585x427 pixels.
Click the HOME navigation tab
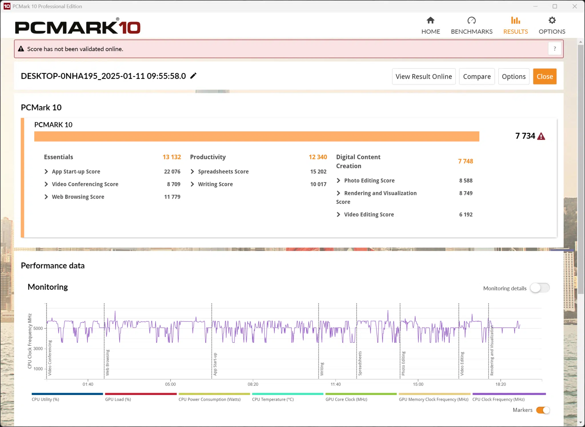point(430,25)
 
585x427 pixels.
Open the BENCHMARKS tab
point(472,25)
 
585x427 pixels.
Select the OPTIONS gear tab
point(552,25)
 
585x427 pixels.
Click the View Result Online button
point(424,76)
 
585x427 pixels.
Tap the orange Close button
point(545,76)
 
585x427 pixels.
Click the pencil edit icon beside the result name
point(193,76)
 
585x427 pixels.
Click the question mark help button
point(555,49)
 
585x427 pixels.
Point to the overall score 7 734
point(525,136)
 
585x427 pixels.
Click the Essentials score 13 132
point(172,157)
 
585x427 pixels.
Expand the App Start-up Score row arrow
point(46,172)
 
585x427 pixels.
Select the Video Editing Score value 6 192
point(466,214)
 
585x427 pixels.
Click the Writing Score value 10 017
point(318,184)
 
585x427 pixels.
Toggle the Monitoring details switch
point(540,288)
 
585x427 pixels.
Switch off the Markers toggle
point(543,410)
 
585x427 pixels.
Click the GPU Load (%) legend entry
point(118,399)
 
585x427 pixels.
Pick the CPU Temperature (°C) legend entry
point(273,399)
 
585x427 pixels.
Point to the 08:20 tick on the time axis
point(253,384)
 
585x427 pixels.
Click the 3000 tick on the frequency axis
point(38,349)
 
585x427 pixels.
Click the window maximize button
point(555,6)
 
